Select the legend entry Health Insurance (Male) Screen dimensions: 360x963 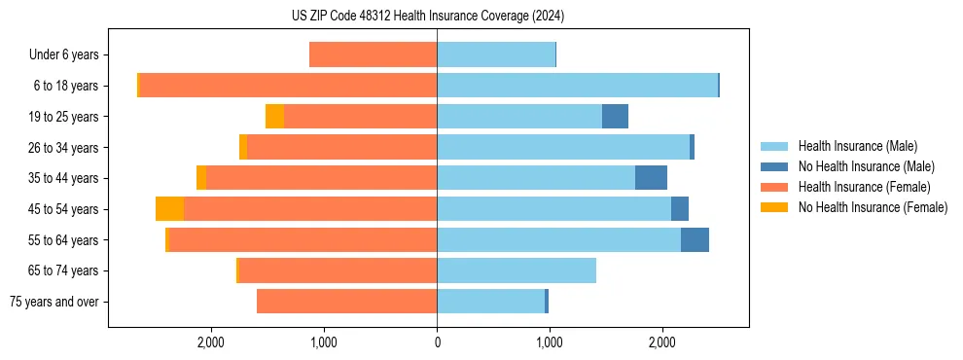(857, 146)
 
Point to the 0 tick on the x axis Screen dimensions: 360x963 (437, 342)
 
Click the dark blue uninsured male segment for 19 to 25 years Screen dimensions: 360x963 (615, 117)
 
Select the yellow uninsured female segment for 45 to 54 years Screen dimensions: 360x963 (169, 209)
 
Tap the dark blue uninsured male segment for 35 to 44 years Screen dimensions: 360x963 (651, 178)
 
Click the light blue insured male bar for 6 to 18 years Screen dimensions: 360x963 (577, 86)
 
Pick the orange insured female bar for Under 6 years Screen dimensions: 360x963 (373, 55)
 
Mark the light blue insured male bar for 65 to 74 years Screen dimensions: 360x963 (516, 270)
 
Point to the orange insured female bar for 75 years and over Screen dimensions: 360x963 (346, 302)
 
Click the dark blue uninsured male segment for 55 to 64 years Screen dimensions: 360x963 (695, 239)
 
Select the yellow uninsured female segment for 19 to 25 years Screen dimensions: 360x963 (274, 117)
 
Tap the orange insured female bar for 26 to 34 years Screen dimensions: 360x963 (341, 147)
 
